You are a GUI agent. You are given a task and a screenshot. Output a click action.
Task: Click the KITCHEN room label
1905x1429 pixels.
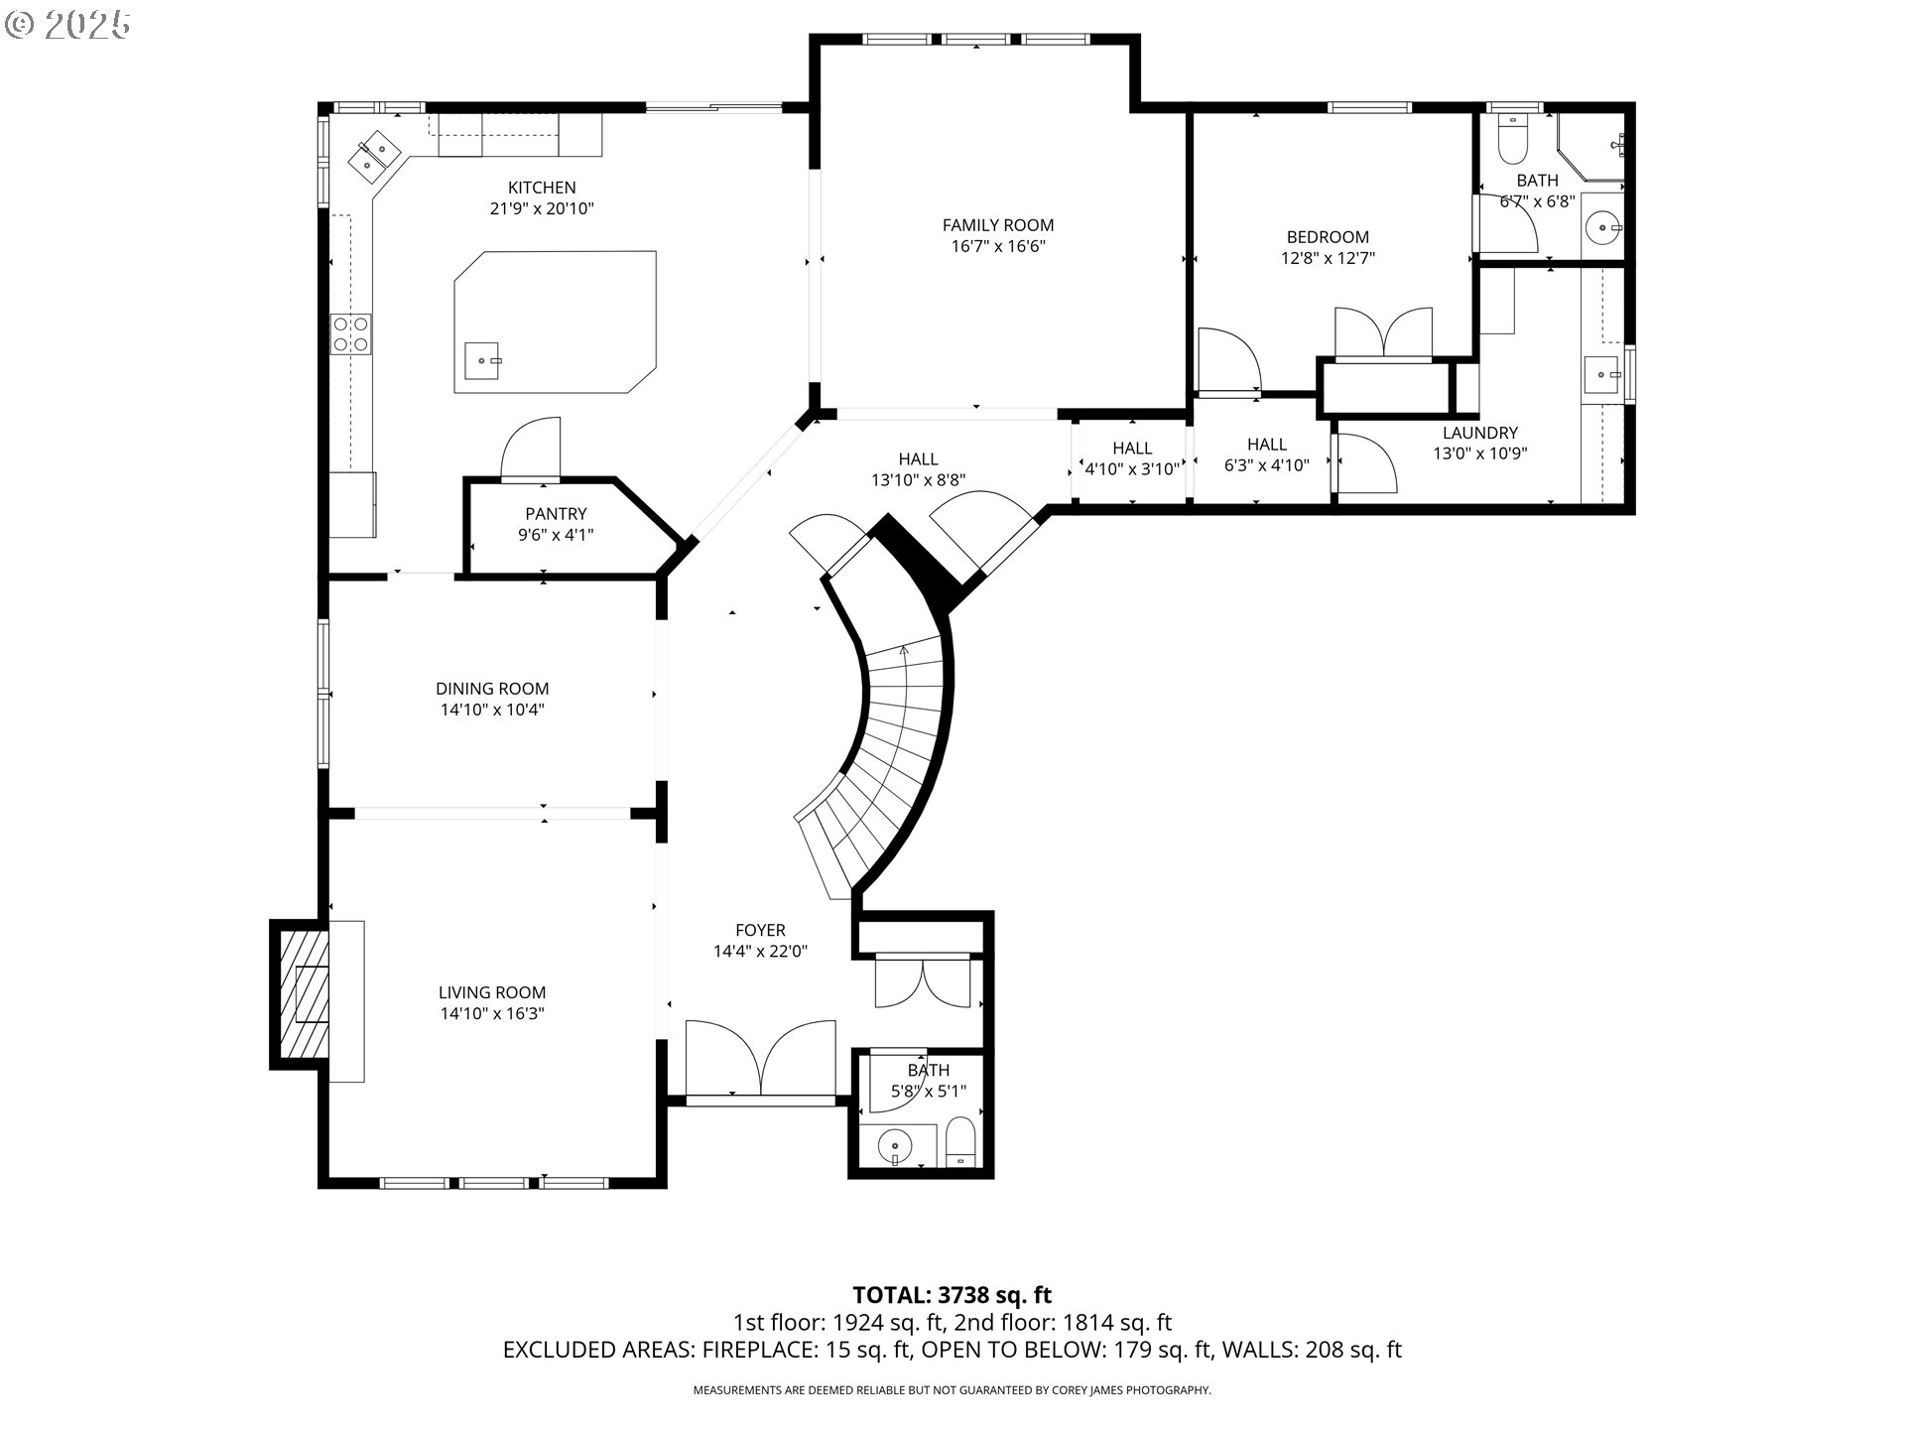point(542,188)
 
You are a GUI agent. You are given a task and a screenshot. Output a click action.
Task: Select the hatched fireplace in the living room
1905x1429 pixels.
point(303,993)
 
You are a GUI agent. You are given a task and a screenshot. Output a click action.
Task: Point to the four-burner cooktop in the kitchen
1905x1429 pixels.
point(350,333)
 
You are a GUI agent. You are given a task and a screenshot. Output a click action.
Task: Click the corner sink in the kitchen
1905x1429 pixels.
point(375,157)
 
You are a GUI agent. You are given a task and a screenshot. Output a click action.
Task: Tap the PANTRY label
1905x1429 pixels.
point(556,514)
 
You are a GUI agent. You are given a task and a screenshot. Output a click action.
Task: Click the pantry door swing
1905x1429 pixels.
point(531,449)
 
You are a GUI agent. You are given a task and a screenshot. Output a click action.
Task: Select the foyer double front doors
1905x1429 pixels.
point(760,1060)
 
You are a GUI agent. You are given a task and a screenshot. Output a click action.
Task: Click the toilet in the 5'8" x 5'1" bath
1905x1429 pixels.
point(960,1143)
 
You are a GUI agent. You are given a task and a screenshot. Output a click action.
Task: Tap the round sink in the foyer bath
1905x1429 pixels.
point(896,1147)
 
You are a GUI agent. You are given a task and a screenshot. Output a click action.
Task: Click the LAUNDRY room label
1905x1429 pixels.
point(1479,433)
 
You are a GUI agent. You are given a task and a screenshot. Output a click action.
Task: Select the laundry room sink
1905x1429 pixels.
point(1601,375)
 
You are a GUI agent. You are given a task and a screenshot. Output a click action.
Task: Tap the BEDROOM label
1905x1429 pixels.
point(1328,237)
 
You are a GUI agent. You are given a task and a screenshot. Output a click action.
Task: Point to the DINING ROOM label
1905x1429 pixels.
point(492,689)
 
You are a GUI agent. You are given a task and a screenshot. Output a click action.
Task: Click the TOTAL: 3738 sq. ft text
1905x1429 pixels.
point(952,1295)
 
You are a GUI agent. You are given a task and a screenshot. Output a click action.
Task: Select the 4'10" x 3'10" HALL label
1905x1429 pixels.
point(1132,459)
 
